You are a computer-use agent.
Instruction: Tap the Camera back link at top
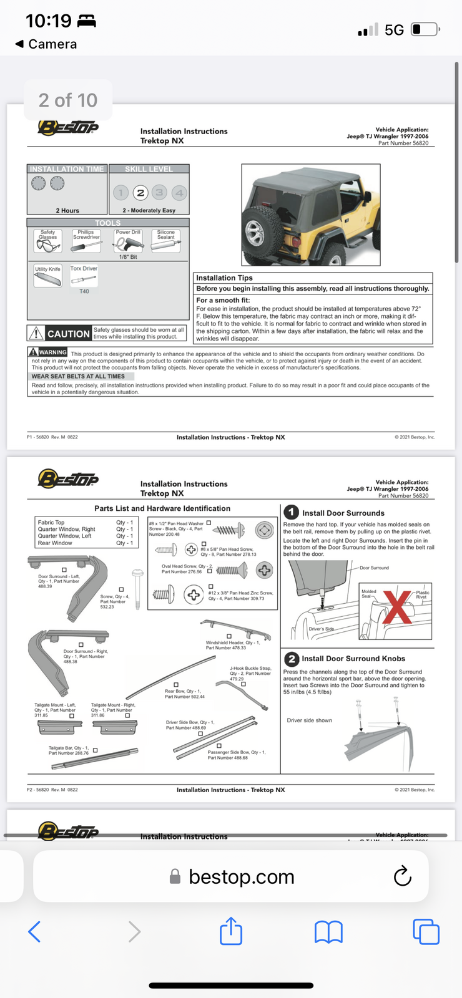(x=46, y=44)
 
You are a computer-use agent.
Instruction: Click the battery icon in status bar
(x=425, y=29)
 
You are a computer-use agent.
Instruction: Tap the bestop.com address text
(x=241, y=877)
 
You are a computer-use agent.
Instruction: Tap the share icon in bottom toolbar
(x=231, y=931)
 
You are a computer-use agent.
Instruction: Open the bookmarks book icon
(x=328, y=932)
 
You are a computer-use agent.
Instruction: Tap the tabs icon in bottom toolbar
(x=426, y=931)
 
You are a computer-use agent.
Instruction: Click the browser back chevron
(x=35, y=932)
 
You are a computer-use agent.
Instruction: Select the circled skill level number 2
(x=140, y=193)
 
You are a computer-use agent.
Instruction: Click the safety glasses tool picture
(x=48, y=245)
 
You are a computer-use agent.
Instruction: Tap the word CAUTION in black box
(x=68, y=334)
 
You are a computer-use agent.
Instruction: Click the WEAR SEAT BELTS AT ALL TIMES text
(x=78, y=377)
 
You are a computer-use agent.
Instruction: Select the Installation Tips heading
(x=224, y=278)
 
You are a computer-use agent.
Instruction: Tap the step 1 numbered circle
(x=292, y=512)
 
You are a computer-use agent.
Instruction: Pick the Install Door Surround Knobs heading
(x=353, y=659)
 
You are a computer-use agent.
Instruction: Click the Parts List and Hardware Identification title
(x=162, y=508)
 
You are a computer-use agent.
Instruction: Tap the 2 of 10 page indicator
(x=68, y=100)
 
